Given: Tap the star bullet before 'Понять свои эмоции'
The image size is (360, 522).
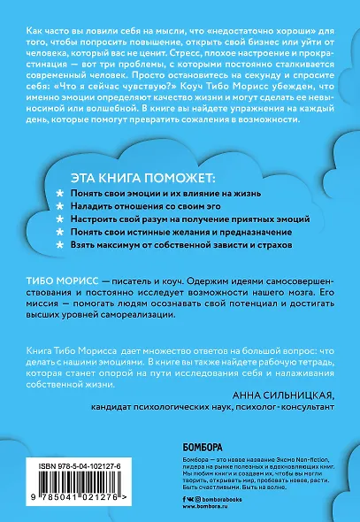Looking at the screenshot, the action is pyautogui.click(x=59, y=191).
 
